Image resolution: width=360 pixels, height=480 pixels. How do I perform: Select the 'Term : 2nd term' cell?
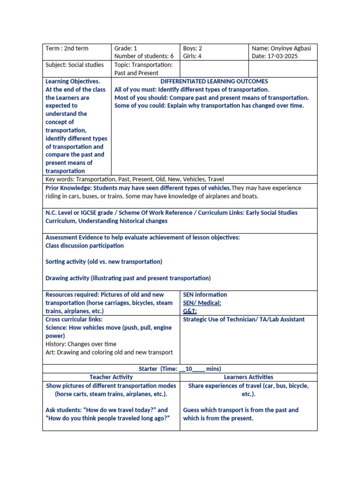click(67, 48)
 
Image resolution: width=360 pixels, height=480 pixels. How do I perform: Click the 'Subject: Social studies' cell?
click(75, 65)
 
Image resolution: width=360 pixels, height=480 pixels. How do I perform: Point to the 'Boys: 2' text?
click(193, 48)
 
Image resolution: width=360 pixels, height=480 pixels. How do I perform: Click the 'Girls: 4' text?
click(193, 57)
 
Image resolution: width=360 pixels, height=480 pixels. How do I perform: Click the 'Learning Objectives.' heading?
click(73, 81)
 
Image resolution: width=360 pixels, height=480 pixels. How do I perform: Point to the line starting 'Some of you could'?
click(209, 105)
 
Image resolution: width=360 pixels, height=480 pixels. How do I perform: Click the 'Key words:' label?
click(60, 179)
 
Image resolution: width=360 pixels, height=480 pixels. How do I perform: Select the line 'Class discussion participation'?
click(84, 246)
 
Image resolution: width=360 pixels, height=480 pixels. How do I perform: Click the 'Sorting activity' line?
click(104, 262)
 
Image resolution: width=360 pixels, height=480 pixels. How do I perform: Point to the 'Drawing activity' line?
click(128, 278)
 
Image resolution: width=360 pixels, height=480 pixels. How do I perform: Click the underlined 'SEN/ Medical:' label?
click(202, 303)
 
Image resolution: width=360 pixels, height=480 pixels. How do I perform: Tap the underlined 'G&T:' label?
click(190, 311)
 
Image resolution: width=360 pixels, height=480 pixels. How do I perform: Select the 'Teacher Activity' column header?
click(111, 377)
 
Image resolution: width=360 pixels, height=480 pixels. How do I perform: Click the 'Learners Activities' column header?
click(248, 377)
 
